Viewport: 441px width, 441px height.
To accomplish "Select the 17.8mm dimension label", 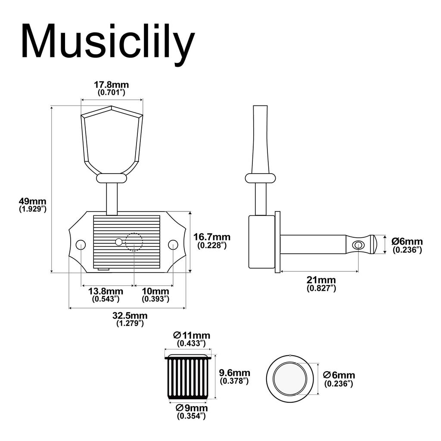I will tap(112, 85).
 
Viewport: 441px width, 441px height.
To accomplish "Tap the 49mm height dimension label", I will tap(32, 201).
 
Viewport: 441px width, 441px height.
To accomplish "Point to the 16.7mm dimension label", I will tap(212, 237).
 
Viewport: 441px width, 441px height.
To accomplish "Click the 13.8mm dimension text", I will tap(106, 291).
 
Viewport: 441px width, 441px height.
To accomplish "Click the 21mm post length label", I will tap(321, 281).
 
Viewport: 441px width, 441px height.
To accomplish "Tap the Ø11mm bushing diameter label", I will tap(192, 335).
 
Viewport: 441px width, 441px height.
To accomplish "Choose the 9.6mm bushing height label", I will tap(234, 373).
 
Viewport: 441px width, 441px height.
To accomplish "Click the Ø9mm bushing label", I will tap(191, 408).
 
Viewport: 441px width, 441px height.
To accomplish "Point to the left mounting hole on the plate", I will tap(81, 245).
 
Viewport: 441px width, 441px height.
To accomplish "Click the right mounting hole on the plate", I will tap(173, 245).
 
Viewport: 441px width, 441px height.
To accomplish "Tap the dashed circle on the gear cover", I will tap(134, 242).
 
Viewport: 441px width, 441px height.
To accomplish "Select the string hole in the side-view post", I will tap(357, 245).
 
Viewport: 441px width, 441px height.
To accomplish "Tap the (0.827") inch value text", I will tap(321, 289).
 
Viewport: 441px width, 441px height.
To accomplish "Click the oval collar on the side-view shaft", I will tap(260, 178).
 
